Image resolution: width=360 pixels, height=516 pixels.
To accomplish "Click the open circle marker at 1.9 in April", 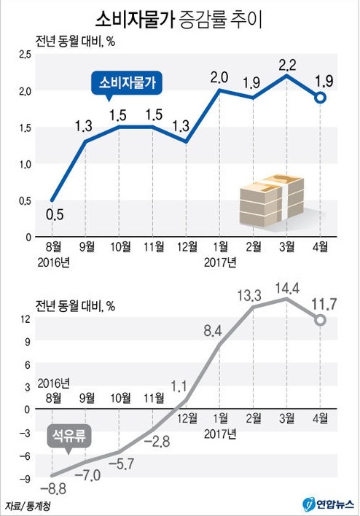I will click(x=321, y=98).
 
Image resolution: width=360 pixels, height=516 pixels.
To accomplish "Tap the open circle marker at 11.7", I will click(x=321, y=319).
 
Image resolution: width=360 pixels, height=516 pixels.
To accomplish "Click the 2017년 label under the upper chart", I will click(x=221, y=261).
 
